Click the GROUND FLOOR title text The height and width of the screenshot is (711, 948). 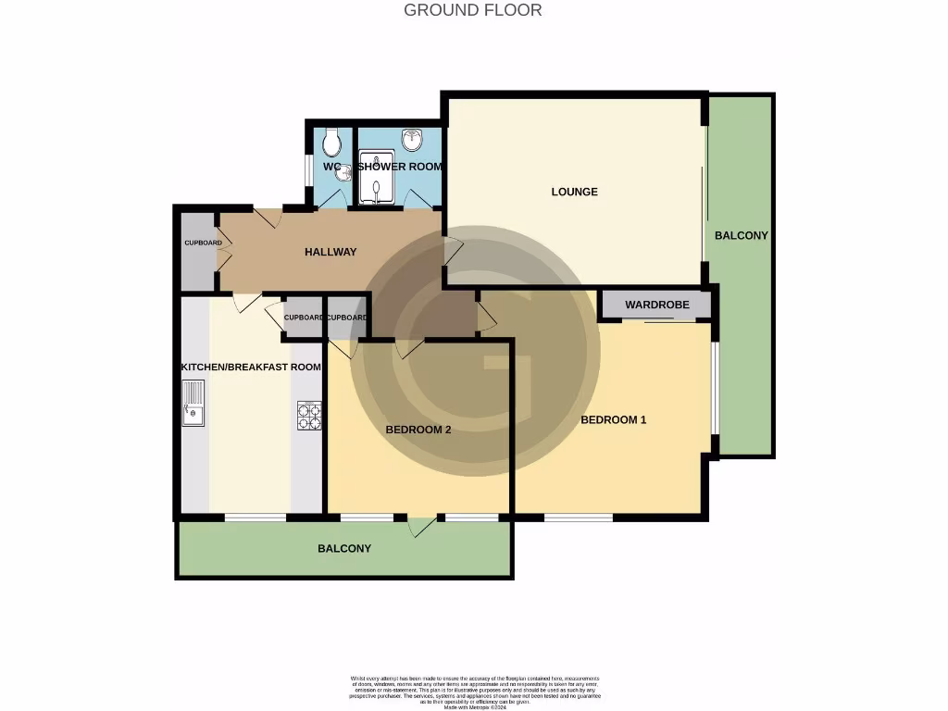473,10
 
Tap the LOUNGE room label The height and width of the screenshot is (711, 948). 574,192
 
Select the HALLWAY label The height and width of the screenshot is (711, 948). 331,252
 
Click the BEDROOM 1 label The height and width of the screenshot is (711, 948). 613,419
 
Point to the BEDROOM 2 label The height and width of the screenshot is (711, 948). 418,430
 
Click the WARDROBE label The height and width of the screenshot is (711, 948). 654,305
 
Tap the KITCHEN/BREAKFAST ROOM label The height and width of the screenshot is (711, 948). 251,367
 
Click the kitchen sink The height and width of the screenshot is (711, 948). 193,405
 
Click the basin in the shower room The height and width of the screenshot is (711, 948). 412,140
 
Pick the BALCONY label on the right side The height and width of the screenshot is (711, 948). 741,235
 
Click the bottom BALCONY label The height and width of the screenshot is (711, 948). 344,548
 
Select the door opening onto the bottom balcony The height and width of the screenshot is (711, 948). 424,525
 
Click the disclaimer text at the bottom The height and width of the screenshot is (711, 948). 474,692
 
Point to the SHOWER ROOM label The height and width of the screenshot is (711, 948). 400,167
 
